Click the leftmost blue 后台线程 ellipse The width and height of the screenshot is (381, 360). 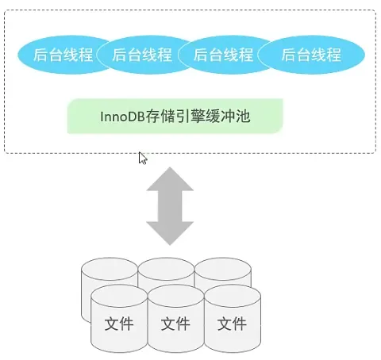pos(63,55)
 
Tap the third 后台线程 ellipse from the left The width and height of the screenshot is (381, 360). pos(225,55)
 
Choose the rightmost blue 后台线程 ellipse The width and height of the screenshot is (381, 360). pos(311,55)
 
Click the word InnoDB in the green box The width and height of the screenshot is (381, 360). pos(122,117)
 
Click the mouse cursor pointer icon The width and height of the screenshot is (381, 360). pos(142,158)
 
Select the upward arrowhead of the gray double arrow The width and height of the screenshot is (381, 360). pos(170,179)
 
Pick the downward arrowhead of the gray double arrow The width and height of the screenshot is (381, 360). pos(170,233)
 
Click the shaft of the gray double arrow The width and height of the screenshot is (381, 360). pos(170,206)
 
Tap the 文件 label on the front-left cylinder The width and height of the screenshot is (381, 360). pos(119,324)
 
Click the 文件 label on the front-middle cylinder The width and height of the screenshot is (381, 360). pos(175,324)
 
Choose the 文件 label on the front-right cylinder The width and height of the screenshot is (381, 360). pos(232,324)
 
